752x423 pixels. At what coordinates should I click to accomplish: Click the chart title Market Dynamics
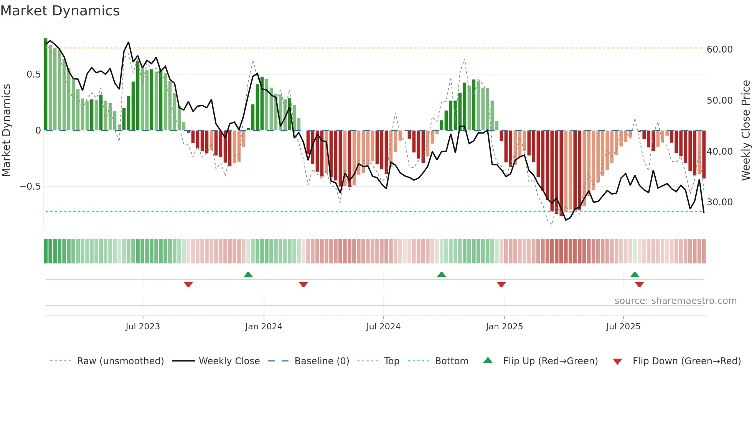click(x=60, y=11)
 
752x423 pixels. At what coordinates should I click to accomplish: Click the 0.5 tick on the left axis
click(x=34, y=74)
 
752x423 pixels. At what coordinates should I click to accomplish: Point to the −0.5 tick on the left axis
click(x=30, y=187)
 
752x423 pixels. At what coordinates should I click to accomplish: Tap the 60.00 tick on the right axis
click(x=719, y=50)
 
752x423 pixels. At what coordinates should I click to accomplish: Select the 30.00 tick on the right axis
click(x=719, y=202)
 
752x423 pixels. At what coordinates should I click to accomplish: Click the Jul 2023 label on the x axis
click(x=143, y=327)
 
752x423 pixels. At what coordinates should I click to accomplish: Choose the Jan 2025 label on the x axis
click(x=504, y=327)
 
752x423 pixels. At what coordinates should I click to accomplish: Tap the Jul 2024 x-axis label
click(x=383, y=327)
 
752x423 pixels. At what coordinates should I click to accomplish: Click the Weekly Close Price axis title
click(x=745, y=130)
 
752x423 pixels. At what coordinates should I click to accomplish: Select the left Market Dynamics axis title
click(x=6, y=130)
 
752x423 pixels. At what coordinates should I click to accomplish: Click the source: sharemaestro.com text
click(x=675, y=301)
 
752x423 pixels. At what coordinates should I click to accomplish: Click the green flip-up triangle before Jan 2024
click(x=248, y=275)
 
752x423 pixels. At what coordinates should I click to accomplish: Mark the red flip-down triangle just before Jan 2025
click(x=501, y=284)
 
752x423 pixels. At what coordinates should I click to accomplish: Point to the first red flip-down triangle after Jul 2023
click(x=188, y=284)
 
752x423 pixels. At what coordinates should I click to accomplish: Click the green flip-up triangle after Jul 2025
click(x=635, y=275)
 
